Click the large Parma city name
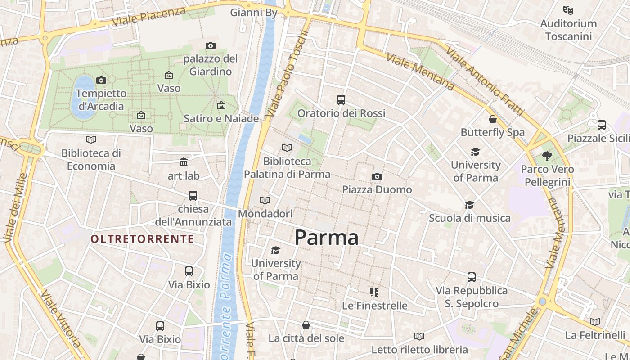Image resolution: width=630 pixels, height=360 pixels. click(x=326, y=238)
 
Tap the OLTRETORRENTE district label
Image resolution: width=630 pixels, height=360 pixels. click(x=142, y=239)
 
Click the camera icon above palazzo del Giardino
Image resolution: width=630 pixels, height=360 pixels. click(x=210, y=45)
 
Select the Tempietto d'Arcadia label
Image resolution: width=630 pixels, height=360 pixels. click(x=101, y=100)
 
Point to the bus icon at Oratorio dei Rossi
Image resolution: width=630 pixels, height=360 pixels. click(x=341, y=100)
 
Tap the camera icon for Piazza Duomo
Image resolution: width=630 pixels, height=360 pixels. click(x=377, y=176)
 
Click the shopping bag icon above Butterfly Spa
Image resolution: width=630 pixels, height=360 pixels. click(x=493, y=119)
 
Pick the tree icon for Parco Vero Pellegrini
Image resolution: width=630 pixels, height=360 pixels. click(x=547, y=156)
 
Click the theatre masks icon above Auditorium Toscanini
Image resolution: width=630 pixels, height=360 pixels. click(x=568, y=9)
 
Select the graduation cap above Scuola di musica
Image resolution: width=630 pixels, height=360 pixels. click(x=469, y=205)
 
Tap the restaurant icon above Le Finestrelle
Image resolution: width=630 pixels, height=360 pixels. click(x=374, y=292)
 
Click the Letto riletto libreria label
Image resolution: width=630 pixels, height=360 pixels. click(x=419, y=349)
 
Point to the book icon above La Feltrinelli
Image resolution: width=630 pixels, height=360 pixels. click(x=595, y=322)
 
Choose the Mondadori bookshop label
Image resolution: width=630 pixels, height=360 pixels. click(x=265, y=214)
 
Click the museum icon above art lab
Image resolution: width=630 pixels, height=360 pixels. click(x=184, y=162)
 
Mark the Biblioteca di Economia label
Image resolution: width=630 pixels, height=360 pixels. click(x=91, y=160)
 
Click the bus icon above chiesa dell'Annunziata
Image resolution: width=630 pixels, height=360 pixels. click(x=193, y=196)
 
